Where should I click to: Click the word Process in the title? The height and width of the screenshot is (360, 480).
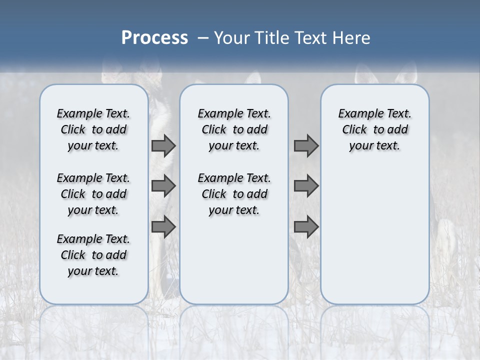[x=154, y=37]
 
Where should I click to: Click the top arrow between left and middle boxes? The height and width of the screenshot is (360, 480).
[x=163, y=145]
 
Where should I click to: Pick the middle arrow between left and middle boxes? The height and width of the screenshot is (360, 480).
[x=163, y=186]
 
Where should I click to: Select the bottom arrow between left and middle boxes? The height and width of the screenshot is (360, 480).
[x=163, y=226]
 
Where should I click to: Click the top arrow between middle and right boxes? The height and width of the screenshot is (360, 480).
[x=306, y=145]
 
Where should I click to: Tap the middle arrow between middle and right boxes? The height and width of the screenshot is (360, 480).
[x=306, y=186]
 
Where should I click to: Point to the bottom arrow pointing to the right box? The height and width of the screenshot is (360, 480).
[x=306, y=226]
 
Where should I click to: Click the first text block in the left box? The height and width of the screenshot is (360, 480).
[x=93, y=129]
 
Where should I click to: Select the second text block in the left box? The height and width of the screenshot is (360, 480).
[x=93, y=194]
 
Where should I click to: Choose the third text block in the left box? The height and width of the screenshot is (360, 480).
[x=93, y=255]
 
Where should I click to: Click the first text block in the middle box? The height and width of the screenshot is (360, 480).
[x=234, y=129]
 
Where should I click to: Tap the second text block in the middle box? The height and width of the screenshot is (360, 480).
[x=234, y=194]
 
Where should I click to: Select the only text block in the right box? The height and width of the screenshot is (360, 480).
[x=374, y=129]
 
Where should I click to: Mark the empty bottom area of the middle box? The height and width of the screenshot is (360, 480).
[x=234, y=265]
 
